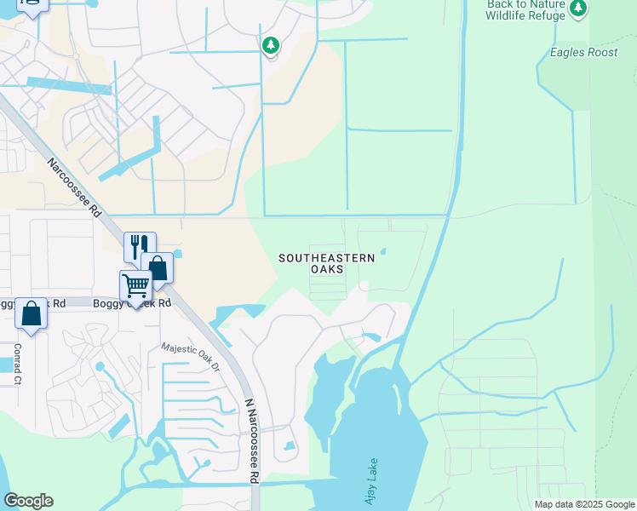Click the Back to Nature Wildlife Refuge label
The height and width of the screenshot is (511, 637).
[x=525, y=10]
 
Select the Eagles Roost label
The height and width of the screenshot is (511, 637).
[x=583, y=52]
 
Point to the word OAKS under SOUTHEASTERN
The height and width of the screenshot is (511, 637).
[x=327, y=269]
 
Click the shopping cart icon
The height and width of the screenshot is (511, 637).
[x=135, y=287]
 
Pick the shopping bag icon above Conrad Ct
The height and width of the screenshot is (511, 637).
[x=31, y=313]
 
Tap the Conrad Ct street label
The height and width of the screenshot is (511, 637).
[x=18, y=364]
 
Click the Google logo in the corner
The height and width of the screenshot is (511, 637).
[x=28, y=501]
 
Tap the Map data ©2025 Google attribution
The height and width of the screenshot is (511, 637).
[x=583, y=504]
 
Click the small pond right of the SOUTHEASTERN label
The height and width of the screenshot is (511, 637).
[x=383, y=251]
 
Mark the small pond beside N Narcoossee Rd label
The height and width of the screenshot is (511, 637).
[x=290, y=445]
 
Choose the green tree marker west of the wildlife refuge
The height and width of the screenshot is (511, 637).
[x=271, y=43]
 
